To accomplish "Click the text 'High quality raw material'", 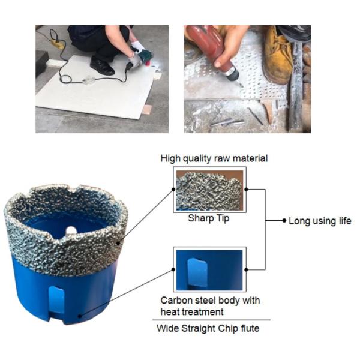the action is (214, 158).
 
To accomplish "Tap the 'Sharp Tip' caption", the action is (209, 218).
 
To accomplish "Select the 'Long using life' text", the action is (320, 221).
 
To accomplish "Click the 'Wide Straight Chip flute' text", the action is (208, 328).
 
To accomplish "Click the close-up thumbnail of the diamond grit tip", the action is (209, 190).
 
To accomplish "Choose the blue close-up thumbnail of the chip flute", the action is (209, 269).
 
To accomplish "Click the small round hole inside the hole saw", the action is (71, 230).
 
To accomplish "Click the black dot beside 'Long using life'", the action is (284, 221).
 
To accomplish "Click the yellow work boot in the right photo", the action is (278, 55).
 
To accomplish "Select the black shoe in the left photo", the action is (102, 66).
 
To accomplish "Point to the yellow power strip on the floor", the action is (58, 44).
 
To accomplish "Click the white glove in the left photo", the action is (138, 47).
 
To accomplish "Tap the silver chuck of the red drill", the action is (233, 74).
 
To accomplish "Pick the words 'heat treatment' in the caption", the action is (192, 312).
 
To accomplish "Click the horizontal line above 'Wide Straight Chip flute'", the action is (211, 320).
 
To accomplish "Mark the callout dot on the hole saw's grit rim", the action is (118, 243).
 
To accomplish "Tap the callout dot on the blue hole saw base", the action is (80, 316).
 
